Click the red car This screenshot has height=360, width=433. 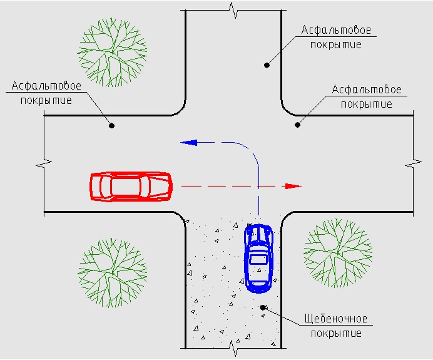(x=131, y=186)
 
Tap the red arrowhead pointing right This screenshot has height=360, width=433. (x=292, y=186)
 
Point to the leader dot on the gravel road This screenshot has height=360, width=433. (x=263, y=307)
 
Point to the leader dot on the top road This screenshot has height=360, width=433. (x=267, y=64)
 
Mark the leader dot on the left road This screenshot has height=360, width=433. (x=112, y=125)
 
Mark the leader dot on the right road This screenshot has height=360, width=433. (x=298, y=125)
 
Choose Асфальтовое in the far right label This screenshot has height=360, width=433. (x=366, y=90)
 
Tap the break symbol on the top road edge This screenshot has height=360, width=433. (x=234, y=10)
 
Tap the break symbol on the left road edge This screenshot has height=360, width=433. (x=43, y=164)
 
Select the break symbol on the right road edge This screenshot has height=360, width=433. (x=414, y=164)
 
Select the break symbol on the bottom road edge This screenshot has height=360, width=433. (x=234, y=346)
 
